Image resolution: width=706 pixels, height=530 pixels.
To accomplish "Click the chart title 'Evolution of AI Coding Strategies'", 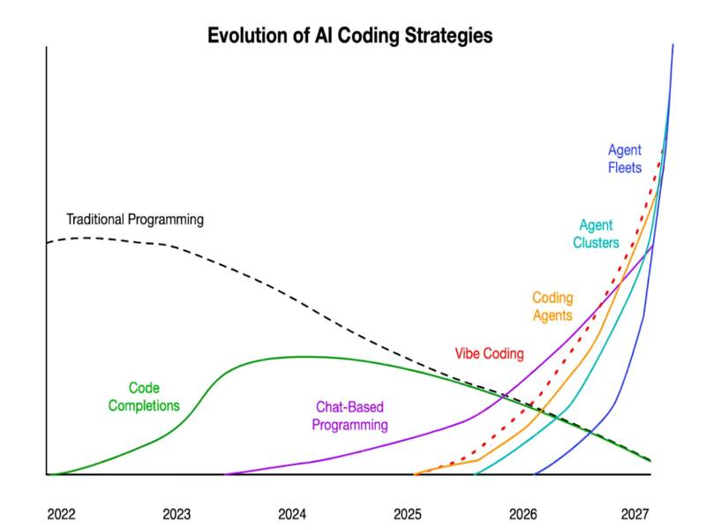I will point(349,36).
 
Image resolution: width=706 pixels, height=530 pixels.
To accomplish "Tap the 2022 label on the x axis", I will point(62,513).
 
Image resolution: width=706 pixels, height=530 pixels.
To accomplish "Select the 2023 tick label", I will point(176,513).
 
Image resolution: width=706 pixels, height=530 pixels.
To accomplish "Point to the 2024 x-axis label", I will point(292,513).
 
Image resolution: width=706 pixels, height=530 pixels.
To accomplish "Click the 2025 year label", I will point(408,513).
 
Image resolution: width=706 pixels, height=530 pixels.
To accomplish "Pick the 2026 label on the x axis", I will point(523,513).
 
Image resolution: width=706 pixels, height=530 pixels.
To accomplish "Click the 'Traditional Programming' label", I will point(135,219).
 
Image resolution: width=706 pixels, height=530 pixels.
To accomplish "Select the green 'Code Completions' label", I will point(144,397).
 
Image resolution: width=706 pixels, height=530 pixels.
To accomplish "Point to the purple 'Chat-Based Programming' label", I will point(350,416).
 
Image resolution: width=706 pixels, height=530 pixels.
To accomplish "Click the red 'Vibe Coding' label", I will point(489,353).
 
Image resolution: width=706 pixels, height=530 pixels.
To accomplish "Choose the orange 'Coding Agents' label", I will point(552,307).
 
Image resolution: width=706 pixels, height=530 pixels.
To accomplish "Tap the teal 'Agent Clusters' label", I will point(596,234).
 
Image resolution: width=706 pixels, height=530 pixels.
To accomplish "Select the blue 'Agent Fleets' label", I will point(625,159).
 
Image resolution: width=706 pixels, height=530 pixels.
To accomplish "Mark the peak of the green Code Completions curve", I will point(300,357).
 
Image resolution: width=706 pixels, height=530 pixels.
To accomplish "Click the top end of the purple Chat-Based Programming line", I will point(652,246).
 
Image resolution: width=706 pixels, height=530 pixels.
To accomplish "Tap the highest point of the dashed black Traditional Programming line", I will point(88,237).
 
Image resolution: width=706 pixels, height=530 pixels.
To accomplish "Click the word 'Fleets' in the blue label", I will point(625,168).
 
